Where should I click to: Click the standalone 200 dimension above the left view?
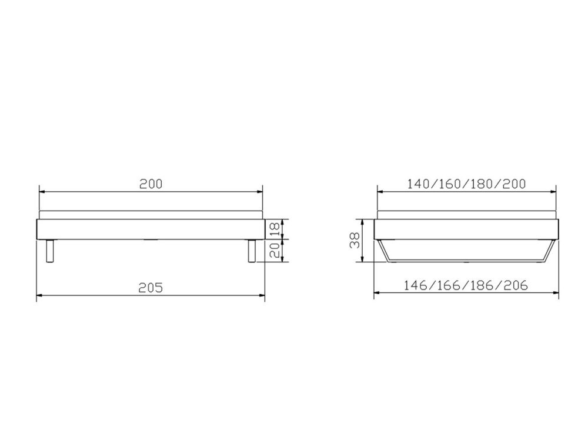click(x=151, y=183)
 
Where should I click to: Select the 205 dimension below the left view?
click(x=151, y=287)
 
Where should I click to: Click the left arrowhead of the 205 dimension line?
click(x=40, y=295)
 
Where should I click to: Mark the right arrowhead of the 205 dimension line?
click(x=261, y=295)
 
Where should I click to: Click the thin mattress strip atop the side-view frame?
click(x=151, y=215)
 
